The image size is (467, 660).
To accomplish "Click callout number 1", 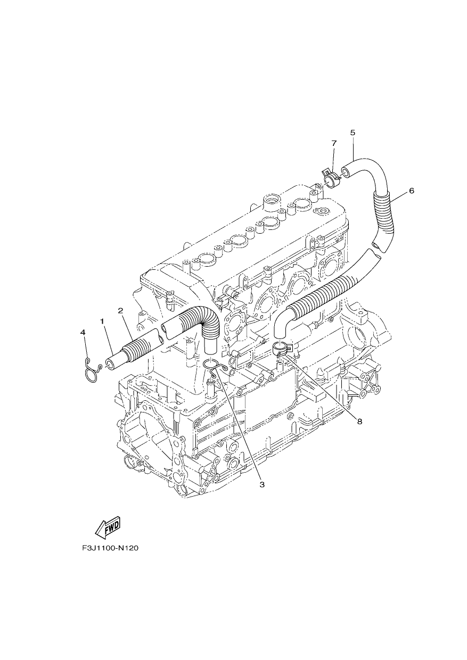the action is coord(102,321).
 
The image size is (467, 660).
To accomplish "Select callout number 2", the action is coord(120,310).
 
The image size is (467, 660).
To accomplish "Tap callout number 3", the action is coord(262,484).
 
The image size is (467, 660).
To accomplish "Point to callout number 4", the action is coord(83,332).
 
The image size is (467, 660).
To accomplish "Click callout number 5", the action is coord(353,133).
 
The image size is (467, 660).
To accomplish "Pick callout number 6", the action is coord(412,191).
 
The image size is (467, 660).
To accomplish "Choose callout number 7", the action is coord(334,143).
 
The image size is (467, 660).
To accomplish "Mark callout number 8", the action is coord(359,422).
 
